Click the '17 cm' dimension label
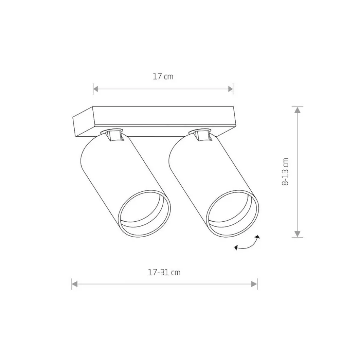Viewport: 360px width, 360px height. click(163, 77)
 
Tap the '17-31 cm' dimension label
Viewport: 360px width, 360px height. click(164, 272)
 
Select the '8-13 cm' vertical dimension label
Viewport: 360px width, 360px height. click(285, 172)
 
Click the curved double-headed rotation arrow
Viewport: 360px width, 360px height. click(248, 243)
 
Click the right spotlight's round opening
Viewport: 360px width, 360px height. click(232, 214)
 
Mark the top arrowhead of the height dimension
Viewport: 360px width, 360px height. click(298, 110)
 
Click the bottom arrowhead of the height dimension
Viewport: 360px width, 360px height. click(298, 234)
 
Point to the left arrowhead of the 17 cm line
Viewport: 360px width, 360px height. click(96, 89)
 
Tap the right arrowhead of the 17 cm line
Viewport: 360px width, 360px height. click(230, 89)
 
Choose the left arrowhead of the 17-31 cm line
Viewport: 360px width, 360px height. click(74, 284)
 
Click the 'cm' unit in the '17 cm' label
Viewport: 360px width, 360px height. click(168, 77)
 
